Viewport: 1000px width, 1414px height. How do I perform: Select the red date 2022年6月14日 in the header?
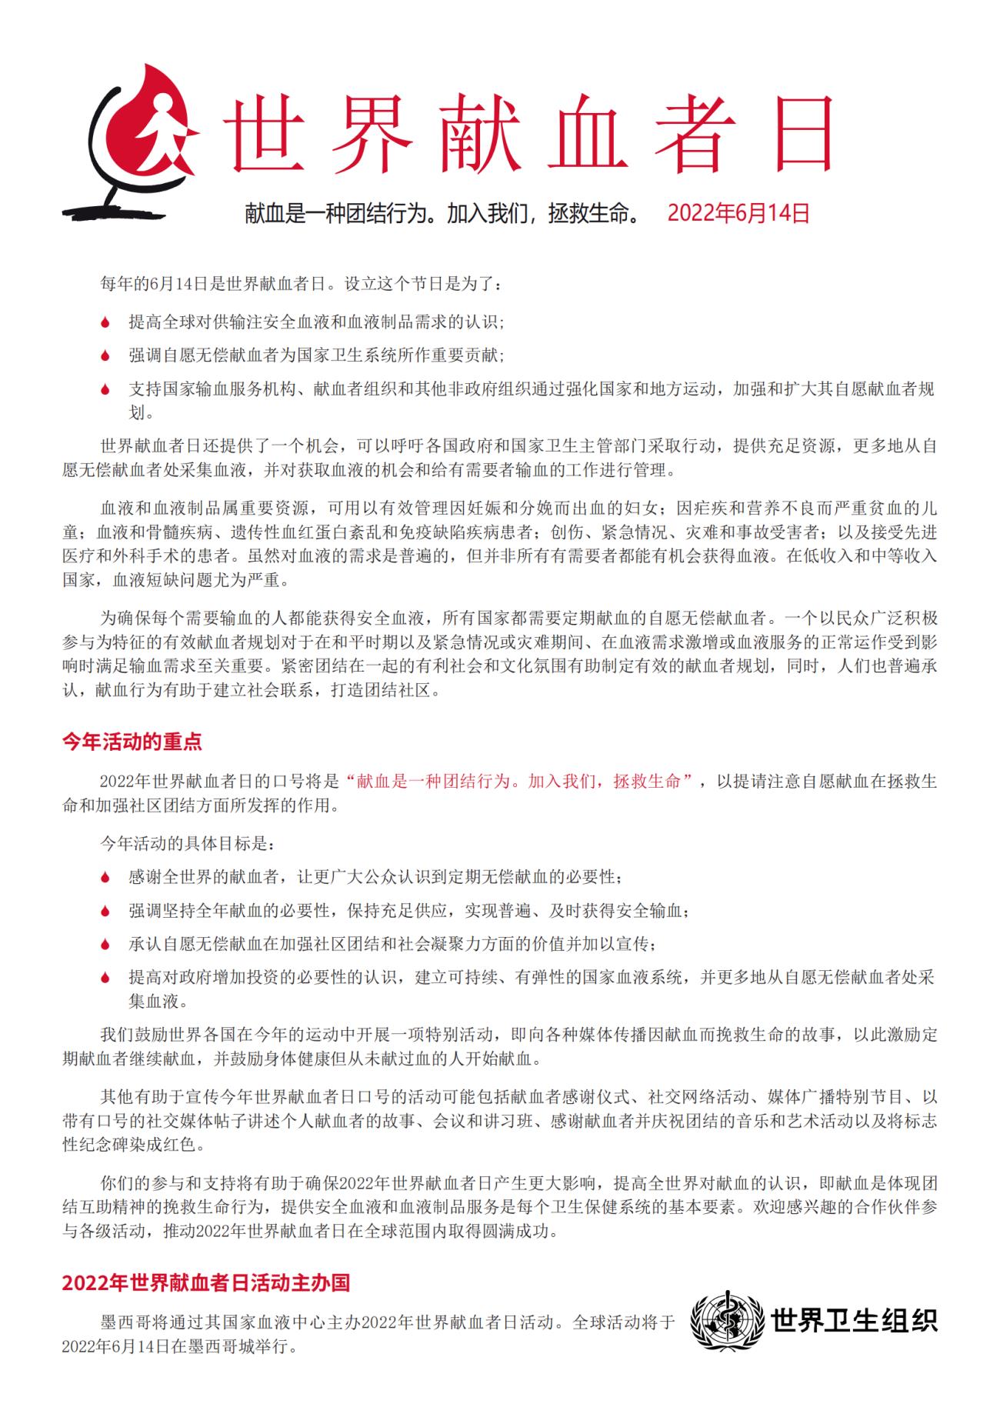[738, 213]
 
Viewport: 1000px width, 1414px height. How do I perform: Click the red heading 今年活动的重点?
[132, 742]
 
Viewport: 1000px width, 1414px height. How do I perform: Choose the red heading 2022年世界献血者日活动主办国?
[206, 1282]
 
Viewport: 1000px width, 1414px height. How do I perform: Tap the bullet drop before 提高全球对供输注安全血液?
[106, 322]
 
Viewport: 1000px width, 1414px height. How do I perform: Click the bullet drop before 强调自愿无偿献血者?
[106, 355]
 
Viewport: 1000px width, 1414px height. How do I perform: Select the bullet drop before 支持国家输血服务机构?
[106, 389]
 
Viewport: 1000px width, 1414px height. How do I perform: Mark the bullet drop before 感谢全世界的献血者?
[106, 877]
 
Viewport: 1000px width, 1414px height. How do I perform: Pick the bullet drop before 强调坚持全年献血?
[106, 911]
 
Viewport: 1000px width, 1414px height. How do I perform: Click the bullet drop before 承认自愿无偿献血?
[106, 944]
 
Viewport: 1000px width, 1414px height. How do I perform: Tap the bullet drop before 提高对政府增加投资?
[106, 978]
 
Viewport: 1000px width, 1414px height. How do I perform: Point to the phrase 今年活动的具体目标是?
[187, 843]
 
